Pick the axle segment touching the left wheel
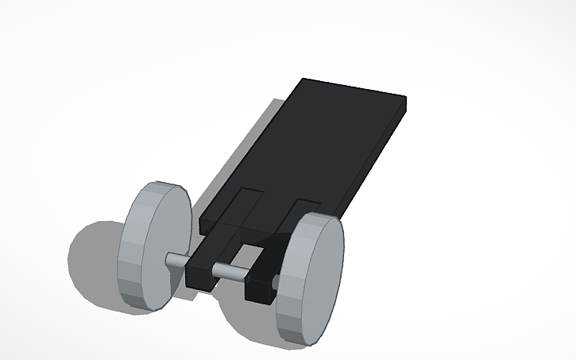click(176, 260)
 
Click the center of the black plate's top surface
click(310, 151)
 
